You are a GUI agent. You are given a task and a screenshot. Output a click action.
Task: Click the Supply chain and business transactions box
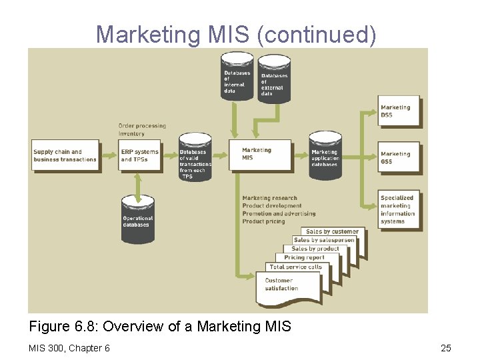click(65, 155)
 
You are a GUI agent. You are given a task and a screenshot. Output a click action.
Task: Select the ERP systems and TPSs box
click(140, 155)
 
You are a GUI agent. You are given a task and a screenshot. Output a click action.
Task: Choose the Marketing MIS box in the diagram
click(259, 156)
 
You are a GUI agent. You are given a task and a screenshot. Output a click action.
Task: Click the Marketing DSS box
click(399, 111)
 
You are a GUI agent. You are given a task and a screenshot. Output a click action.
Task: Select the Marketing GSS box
click(399, 157)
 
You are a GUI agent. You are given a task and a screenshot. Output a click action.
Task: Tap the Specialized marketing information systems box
click(399, 209)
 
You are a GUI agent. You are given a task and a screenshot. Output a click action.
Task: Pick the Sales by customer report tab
click(332, 231)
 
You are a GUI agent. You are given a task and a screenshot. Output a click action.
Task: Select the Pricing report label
click(304, 257)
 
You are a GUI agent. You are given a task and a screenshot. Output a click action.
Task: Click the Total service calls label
click(295, 267)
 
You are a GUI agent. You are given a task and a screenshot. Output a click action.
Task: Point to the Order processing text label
click(142, 125)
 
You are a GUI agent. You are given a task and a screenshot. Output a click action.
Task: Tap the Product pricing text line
click(263, 221)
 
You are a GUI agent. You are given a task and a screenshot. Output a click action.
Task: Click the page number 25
click(446, 347)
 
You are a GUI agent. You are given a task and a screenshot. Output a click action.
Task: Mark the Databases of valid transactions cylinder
click(194, 157)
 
